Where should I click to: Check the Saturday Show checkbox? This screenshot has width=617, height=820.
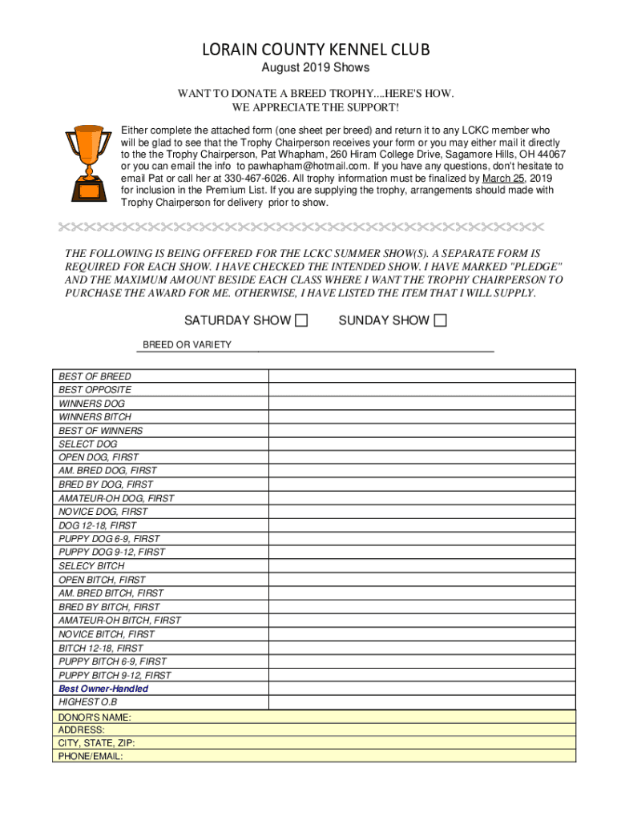(x=301, y=321)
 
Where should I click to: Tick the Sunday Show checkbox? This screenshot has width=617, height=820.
(x=440, y=321)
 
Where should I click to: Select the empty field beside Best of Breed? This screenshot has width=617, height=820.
(x=421, y=376)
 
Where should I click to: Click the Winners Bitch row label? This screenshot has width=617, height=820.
(x=95, y=417)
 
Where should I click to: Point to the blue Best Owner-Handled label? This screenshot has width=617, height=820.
(x=103, y=689)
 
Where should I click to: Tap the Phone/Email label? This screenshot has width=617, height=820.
(x=91, y=756)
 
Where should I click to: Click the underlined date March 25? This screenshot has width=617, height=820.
(x=503, y=178)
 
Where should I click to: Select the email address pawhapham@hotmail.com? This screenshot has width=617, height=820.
(x=308, y=166)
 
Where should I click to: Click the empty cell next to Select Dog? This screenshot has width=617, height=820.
(x=421, y=444)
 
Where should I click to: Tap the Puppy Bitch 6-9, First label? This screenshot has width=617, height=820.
(x=113, y=661)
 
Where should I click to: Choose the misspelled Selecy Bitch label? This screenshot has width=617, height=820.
(x=91, y=566)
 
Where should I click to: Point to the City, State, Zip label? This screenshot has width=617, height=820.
(x=97, y=743)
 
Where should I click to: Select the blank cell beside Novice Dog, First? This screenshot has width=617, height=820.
(x=421, y=512)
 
